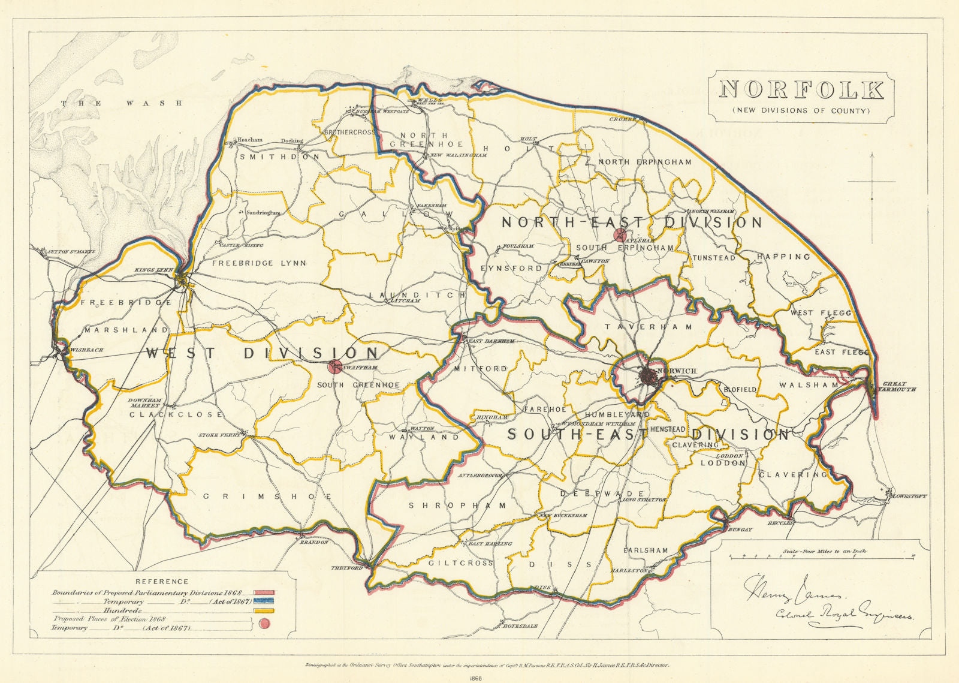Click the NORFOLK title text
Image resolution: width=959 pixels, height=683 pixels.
coord(801,90)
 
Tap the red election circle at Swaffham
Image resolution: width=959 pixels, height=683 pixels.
coord(335,367)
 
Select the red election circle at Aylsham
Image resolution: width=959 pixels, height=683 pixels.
coord(622,235)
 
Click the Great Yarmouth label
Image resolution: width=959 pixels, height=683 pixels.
coord(899,386)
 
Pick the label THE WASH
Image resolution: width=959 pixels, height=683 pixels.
coord(122,103)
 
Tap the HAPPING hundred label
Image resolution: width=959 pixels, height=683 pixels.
coord(783,257)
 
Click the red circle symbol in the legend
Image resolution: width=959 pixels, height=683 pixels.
coord(264,625)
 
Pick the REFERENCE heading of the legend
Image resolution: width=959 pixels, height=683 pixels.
coord(162,581)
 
